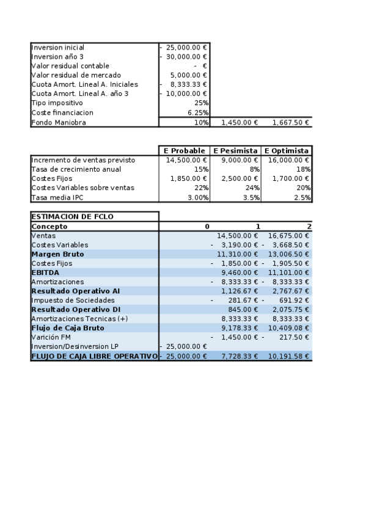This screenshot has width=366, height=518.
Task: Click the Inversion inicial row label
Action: [x=57, y=48]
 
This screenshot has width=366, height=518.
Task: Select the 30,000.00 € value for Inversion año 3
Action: [x=186, y=57]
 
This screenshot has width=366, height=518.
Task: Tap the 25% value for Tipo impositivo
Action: [x=201, y=103]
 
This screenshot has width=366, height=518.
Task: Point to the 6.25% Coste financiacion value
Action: [x=199, y=112]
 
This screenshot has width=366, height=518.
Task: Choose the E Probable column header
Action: [x=184, y=151]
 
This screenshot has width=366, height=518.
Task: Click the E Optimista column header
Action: [x=287, y=151]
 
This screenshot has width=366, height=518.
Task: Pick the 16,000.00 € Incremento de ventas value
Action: [x=289, y=160]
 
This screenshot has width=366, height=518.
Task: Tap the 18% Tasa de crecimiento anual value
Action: [x=304, y=169]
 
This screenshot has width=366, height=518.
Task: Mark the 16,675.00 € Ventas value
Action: [x=289, y=236]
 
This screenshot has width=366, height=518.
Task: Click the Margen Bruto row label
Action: [x=57, y=254]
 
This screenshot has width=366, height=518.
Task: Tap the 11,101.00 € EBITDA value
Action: [x=289, y=272]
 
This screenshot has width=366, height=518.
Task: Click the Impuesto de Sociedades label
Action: [x=73, y=300]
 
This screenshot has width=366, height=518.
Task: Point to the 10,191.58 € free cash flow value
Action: [x=289, y=356]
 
